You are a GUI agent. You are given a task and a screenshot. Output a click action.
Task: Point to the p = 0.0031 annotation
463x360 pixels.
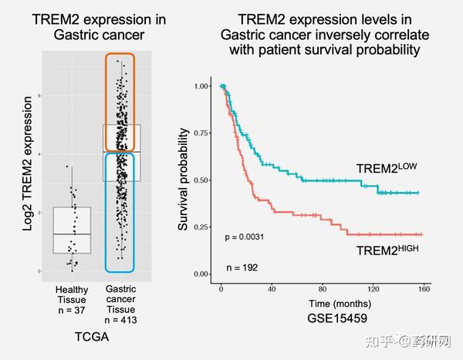click(x=245, y=236)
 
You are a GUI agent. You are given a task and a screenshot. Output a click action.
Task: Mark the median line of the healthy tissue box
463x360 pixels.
click(x=72, y=234)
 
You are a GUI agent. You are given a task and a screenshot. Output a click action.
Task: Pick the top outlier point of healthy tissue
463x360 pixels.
click(x=68, y=167)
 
